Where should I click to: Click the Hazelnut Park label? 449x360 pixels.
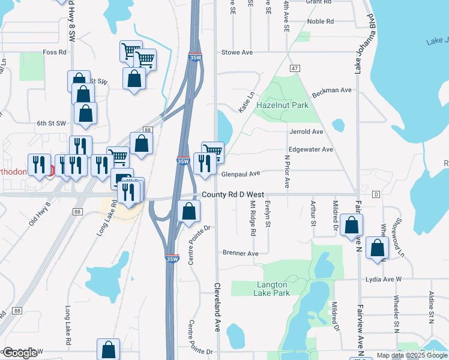tap(282, 105)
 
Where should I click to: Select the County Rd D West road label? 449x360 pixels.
tap(233, 194)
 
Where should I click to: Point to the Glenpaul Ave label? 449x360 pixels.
tap(240, 173)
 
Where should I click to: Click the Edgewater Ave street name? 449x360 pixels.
tap(310, 149)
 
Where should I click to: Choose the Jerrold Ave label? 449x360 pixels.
tap(306, 131)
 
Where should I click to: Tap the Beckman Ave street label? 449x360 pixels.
tap(331, 90)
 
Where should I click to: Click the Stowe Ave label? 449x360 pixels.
tap(237, 52)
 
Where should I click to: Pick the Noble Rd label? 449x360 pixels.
tap(320, 22)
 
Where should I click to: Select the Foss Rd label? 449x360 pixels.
tap(54, 52)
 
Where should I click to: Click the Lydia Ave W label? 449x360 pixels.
tap(381, 279)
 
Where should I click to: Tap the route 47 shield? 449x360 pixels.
tap(294, 68)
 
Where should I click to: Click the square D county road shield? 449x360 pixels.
tap(376, 194)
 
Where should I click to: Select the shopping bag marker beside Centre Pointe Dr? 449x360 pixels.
tap(188, 211)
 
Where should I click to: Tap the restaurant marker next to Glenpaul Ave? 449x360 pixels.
tap(205, 163)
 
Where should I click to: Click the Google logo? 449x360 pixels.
tap(20, 353)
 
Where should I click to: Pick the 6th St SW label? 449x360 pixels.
tap(50, 123)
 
